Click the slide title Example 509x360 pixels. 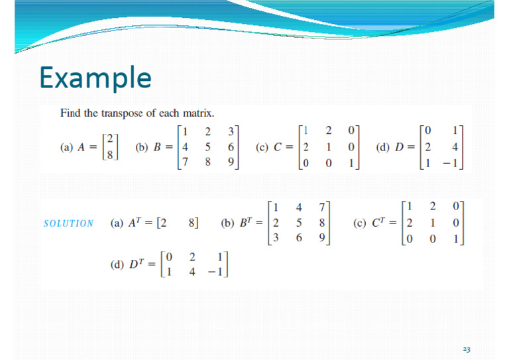(95, 77)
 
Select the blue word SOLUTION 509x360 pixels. (68, 223)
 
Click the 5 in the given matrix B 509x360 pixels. (208, 147)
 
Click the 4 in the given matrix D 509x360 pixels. (456, 147)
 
